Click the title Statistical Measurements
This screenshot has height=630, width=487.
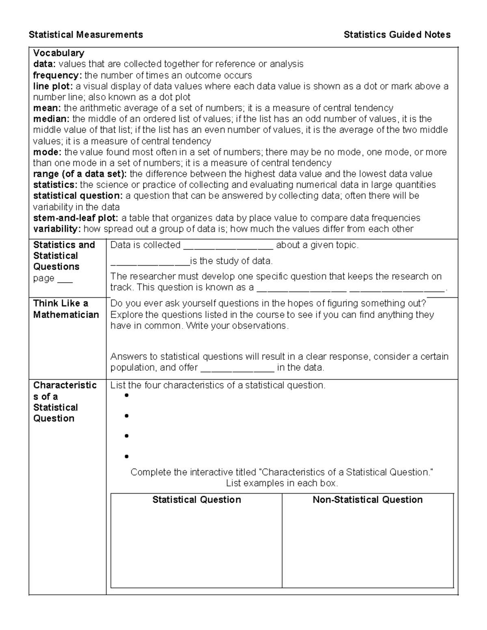point(86,35)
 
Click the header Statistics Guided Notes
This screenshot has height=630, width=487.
point(397,35)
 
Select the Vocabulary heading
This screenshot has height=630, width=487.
point(58,53)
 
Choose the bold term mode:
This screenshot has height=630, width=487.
point(47,152)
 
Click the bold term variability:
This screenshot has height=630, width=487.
point(57,229)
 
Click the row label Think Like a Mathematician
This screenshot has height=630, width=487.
point(66,309)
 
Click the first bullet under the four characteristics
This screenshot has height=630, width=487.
point(127,396)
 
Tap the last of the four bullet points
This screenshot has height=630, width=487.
point(127,456)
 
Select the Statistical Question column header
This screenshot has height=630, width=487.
point(196,500)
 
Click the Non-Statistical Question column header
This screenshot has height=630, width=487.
point(367,500)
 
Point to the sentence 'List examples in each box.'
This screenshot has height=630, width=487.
point(282,483)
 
